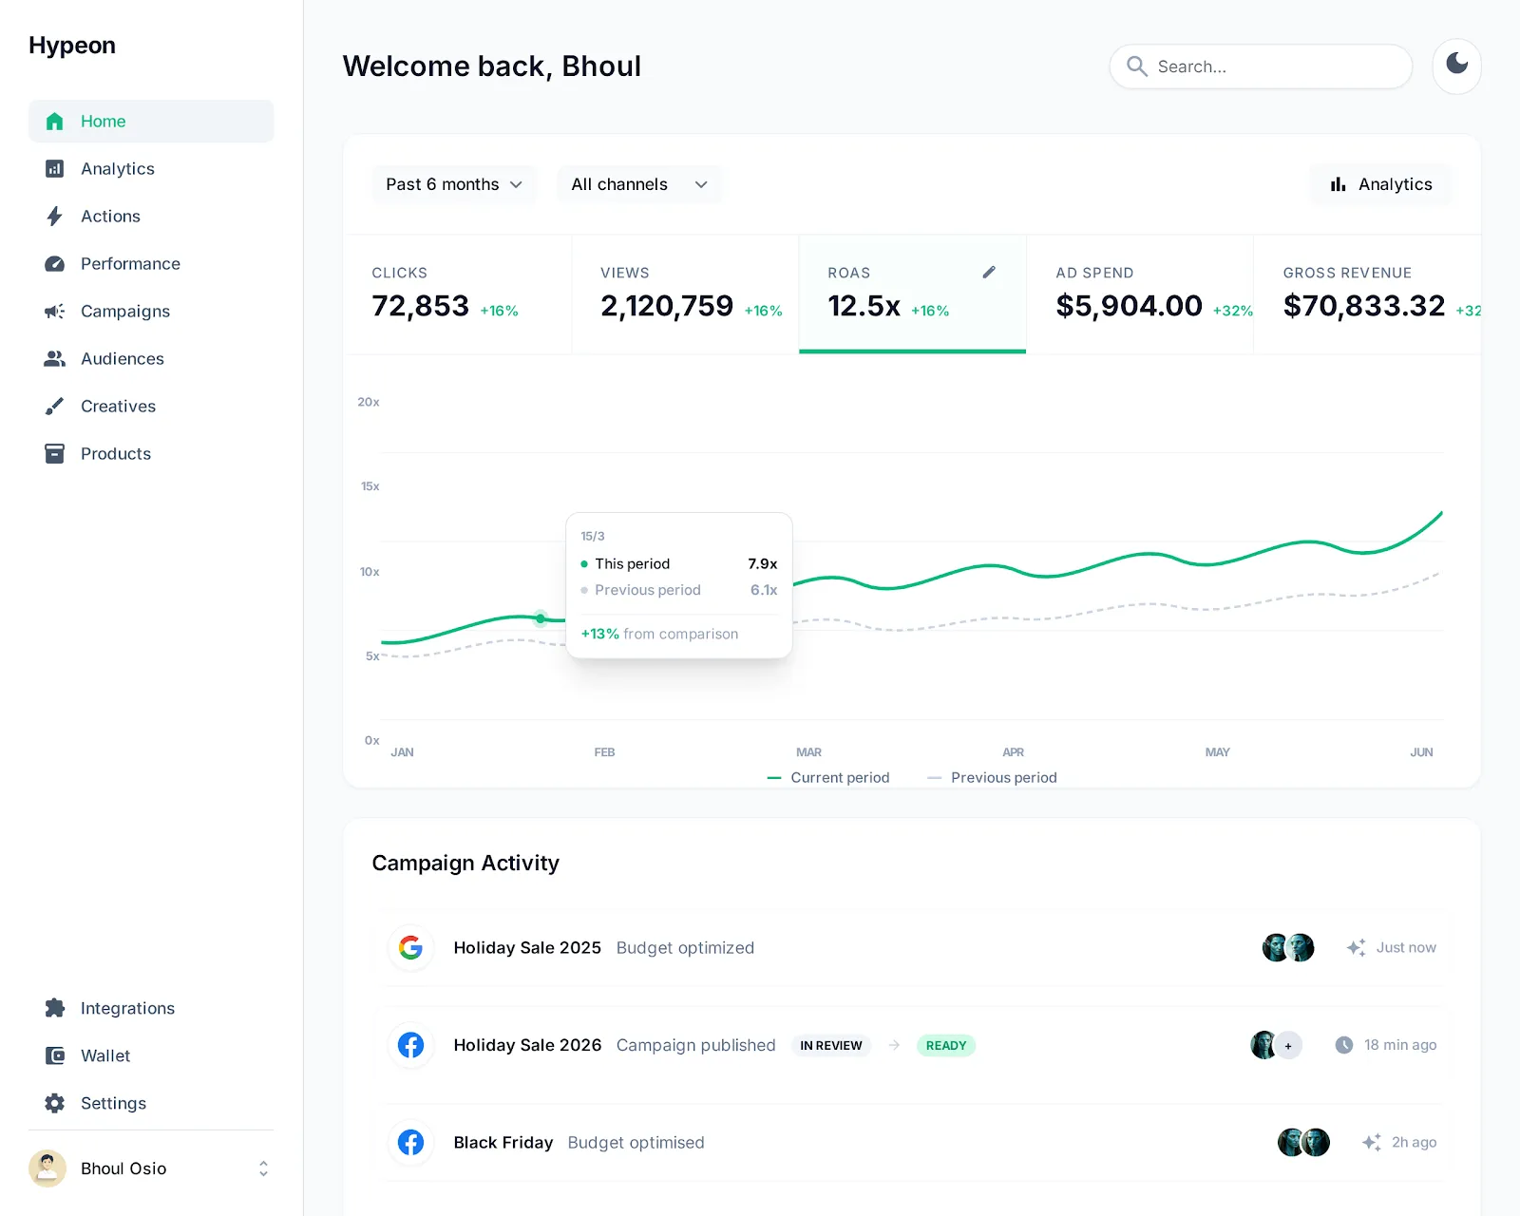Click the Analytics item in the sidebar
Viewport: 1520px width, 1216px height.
(117, 169)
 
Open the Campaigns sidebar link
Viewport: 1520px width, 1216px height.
(124, 312)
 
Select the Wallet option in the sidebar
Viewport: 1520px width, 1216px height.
(104, 1056)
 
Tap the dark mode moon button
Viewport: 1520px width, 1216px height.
(1456, 66)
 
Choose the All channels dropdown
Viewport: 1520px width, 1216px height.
(639, 184)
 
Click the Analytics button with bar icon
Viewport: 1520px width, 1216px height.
(1381, 184)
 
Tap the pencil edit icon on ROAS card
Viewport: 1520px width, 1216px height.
(989, 273)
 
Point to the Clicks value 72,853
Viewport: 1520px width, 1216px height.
(420, 306)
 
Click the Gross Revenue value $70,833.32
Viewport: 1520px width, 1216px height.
(1363, 306)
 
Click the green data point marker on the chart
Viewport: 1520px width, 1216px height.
(541, 618)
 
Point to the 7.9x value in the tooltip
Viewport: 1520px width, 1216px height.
(762, 564)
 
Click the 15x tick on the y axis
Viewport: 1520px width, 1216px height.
(370, 486)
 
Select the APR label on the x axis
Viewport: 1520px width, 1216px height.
(1013, 752)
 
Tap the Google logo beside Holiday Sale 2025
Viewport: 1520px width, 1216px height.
(410, 947)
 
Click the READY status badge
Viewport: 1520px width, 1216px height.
(946, 1046)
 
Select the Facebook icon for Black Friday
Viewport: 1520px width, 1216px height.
(410, 1142)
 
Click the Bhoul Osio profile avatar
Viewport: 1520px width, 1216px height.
(47, 1168)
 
